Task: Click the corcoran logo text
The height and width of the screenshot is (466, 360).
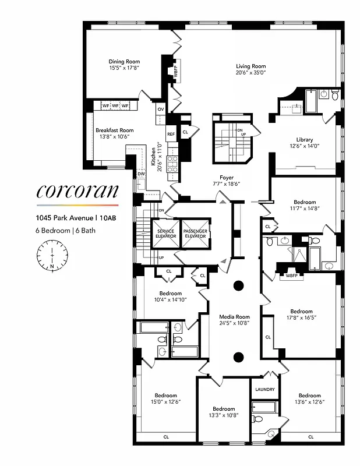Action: (x=77, y=191)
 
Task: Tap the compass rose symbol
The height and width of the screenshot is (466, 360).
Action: (x=52, y=255)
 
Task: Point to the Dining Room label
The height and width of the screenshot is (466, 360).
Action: (x=124, y=61)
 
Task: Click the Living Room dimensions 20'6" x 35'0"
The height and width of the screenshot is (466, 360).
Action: (x=250, y=73)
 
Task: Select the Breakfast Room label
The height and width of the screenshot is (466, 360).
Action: (x=115, y=130)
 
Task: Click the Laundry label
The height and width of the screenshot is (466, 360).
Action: (x=264, y=389)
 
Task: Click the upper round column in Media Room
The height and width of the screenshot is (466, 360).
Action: (x=238, y=286)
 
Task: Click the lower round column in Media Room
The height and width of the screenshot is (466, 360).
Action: (x=238, y=357)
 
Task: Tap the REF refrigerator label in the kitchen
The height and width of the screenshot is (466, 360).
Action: (x=171, y=134)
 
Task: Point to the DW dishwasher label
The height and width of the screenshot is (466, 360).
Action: (x=141, y=174)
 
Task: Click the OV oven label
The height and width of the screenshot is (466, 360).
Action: (x=161, y=109)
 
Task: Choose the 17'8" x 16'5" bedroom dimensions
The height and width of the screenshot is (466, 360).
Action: (x=301, y=318)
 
